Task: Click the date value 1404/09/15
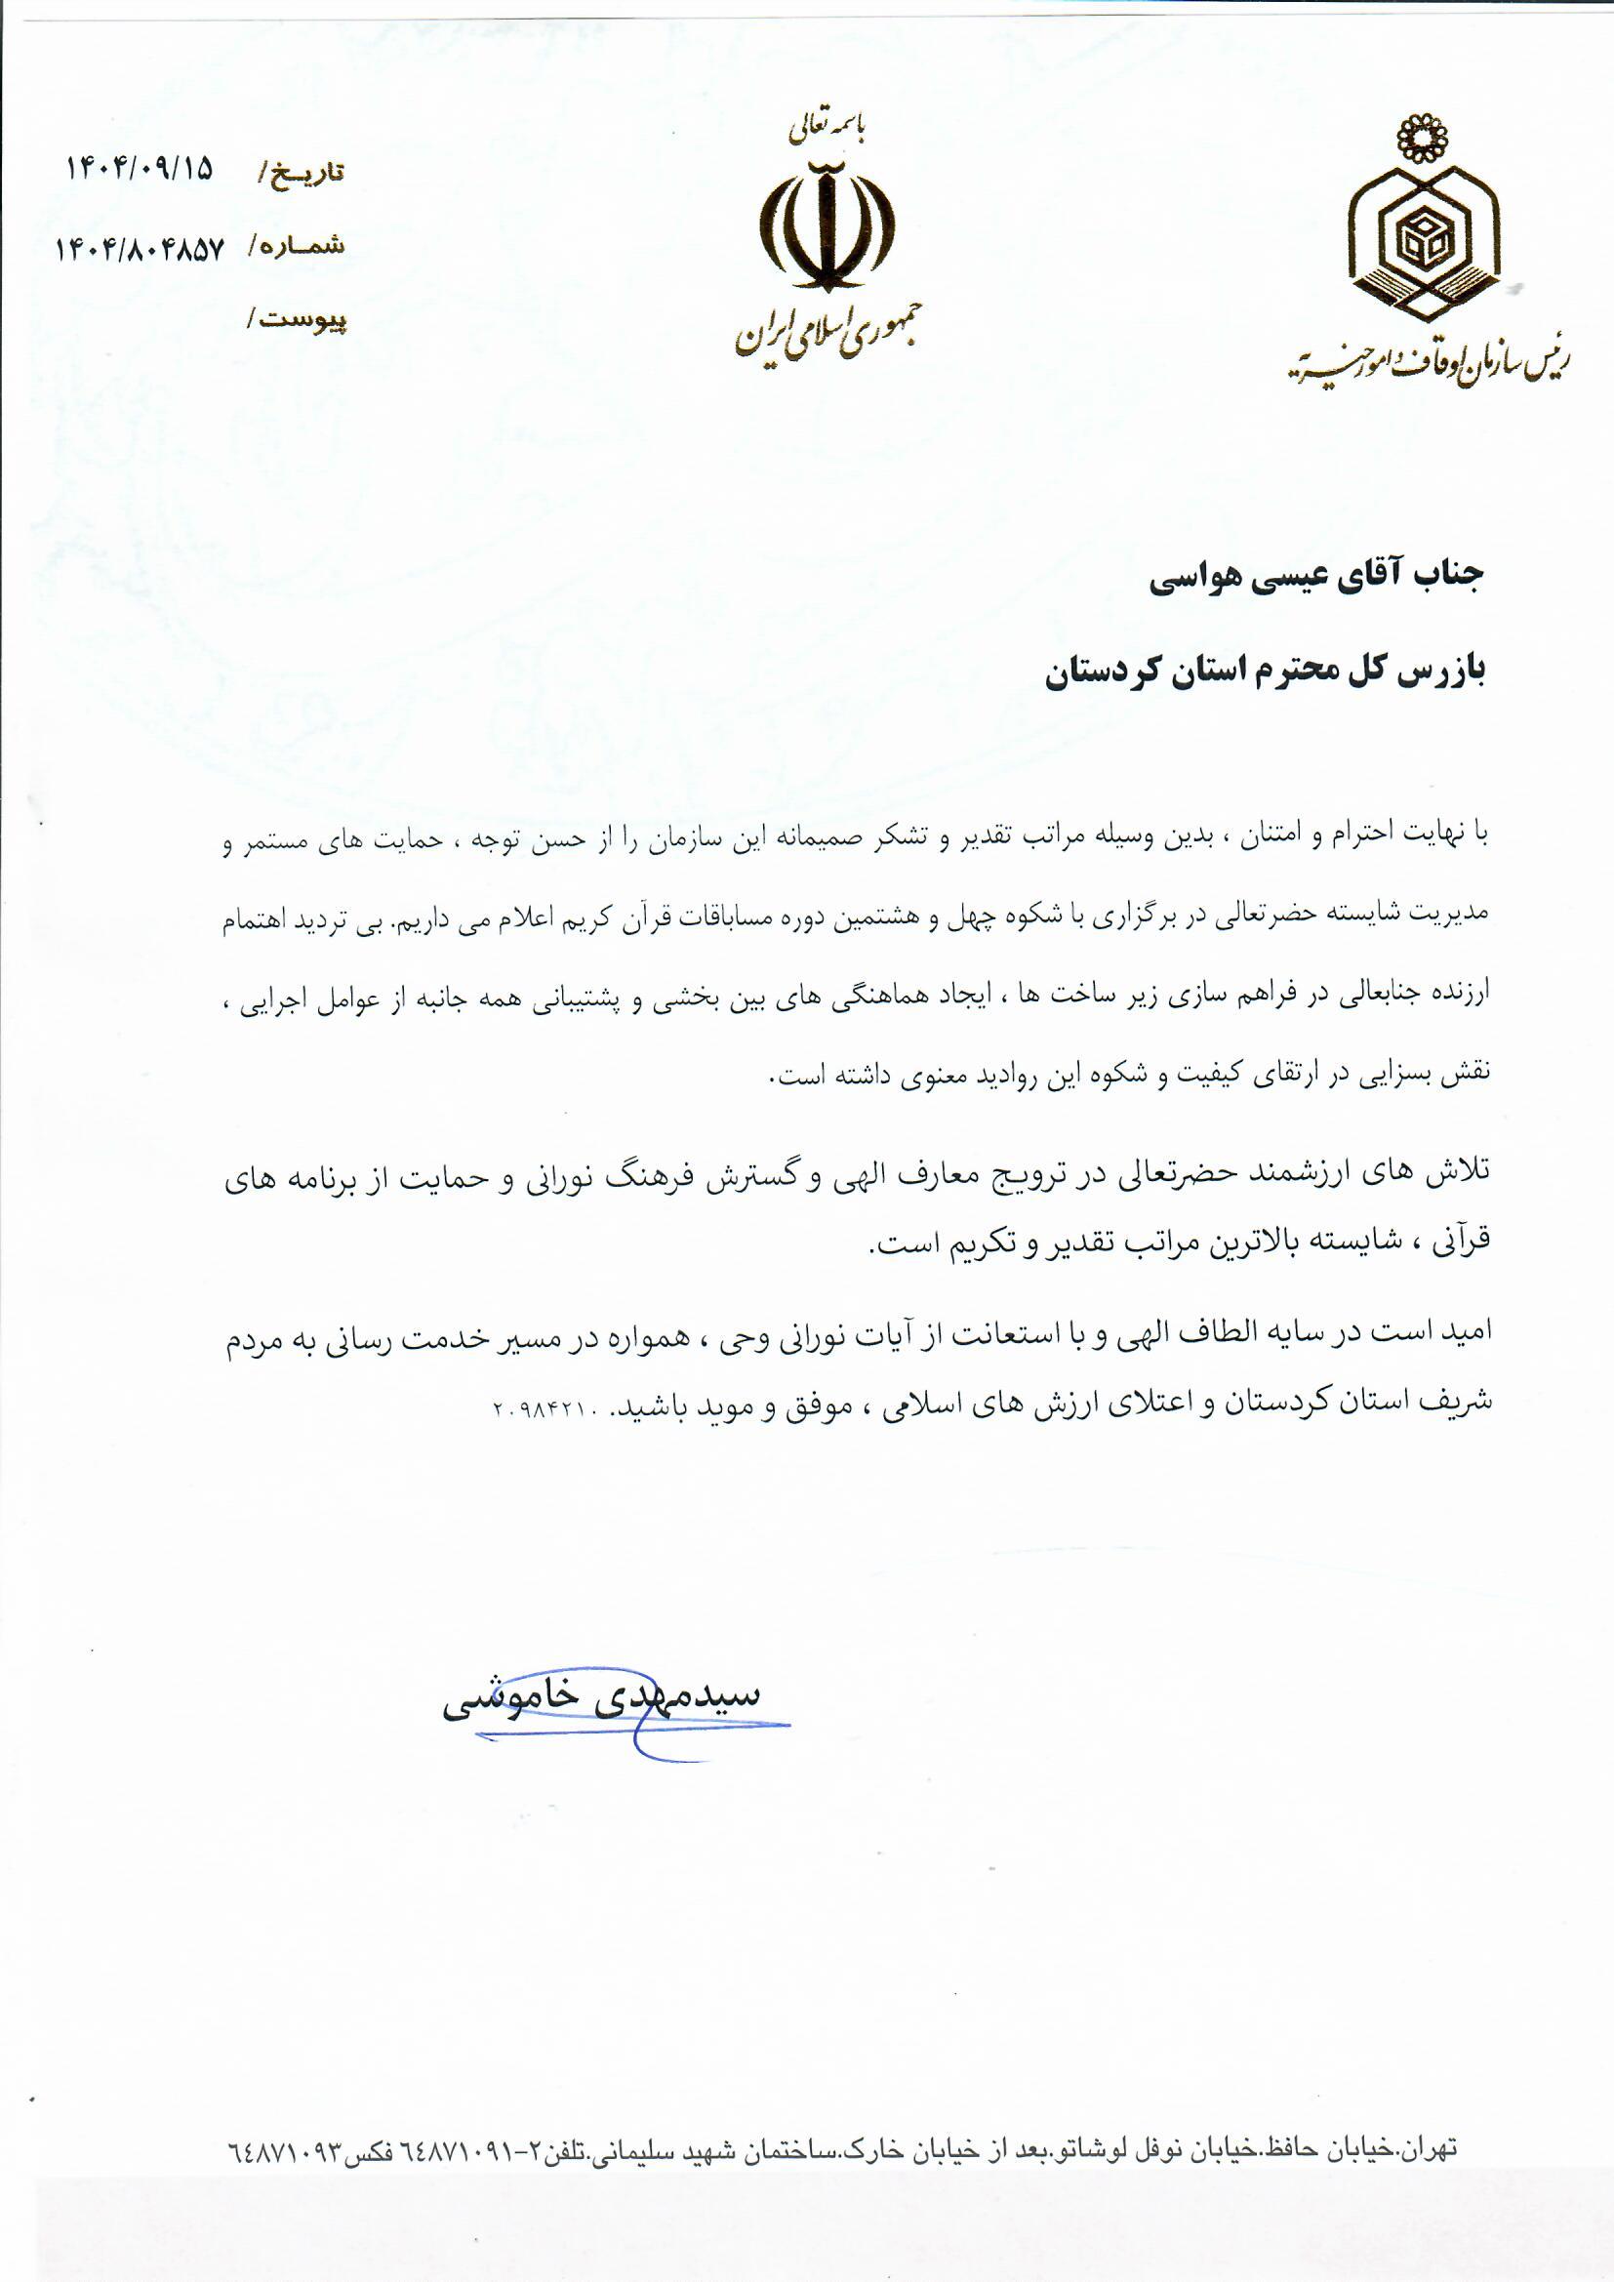click(140, 167)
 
